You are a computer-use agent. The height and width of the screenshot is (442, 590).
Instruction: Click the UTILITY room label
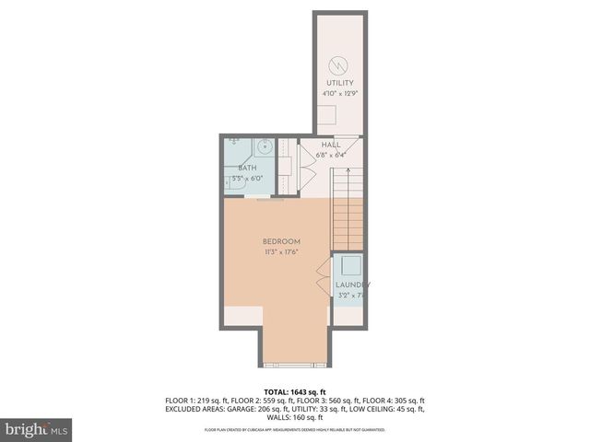[339, 84]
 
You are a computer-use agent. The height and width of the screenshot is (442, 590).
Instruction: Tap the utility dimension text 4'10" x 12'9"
[339, 93]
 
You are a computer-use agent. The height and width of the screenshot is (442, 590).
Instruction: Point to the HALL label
[331, 145]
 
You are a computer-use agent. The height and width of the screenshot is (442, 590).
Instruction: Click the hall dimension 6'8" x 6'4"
[331, 155]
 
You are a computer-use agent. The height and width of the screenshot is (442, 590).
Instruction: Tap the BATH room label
[247, 168]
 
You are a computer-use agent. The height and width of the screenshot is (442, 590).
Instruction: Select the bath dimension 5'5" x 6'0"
[247, 178]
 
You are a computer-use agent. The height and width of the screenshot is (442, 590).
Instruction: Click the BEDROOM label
[281, 241]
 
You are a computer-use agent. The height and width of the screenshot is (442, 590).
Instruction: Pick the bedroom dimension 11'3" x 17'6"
[281, 251]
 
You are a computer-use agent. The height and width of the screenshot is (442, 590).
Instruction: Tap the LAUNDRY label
[351, 285]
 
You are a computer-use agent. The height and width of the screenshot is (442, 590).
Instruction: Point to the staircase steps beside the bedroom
[348, 216]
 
